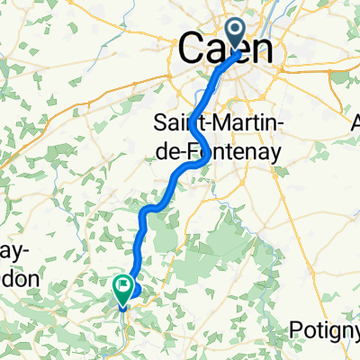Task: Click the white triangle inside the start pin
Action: tap(236, 33)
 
